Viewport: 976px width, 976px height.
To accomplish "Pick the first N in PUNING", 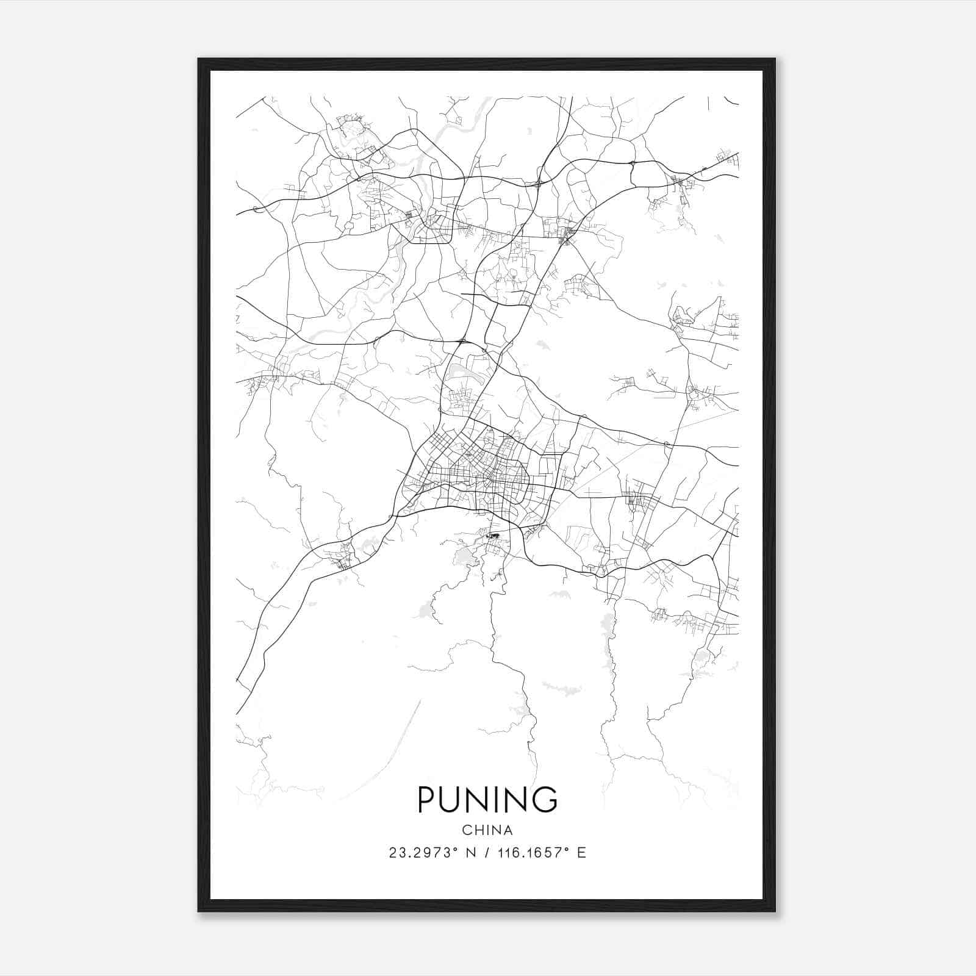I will (484, 800).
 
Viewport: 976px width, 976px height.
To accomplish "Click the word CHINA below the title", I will (487, 830).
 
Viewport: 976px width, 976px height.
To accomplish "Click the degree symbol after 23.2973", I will (454, 850).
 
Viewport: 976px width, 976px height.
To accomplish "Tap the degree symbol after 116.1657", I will (567, 850).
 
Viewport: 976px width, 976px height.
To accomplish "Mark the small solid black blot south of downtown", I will (493, 536).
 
